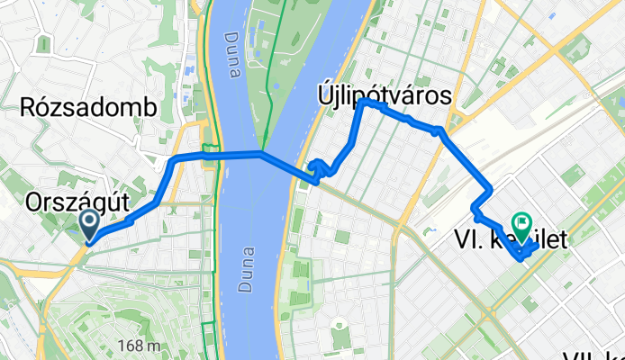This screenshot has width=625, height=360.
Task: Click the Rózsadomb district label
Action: click(88, 109)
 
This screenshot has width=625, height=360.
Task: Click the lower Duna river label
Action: click(246, 270)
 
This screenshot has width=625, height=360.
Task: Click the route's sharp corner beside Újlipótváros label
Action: click(363, 103)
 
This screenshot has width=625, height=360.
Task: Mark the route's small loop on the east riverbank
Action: click(318, 166)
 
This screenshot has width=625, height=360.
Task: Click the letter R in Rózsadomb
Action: click(27, 109)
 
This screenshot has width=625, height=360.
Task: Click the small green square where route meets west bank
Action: click(211, 150)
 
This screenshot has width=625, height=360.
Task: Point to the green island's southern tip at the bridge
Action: click(265, 149)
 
